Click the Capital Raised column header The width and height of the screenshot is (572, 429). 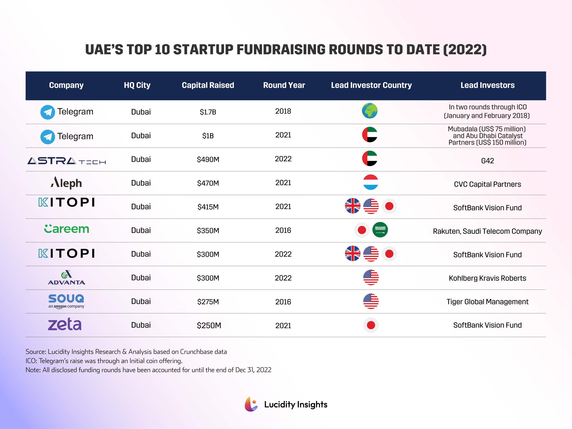[x=208, y=85]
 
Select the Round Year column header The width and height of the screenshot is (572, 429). [x=284, y=85]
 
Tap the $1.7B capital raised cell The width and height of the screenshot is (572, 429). [x=208, y=112]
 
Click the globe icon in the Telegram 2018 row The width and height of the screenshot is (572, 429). [x=370, y=111]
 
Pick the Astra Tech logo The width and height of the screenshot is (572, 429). [x=66, y=161]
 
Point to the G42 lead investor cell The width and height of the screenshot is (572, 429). [x=487, y=161]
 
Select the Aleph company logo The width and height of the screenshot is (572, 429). [x=66, y=183]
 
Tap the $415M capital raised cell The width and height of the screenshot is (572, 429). [x=208, y=207]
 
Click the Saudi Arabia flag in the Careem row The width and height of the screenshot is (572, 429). [x=380, y=230]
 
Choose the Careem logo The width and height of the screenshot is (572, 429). [x=66, y=229]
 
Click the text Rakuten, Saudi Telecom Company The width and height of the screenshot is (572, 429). [x=487, y=231]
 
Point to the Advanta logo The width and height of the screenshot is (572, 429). [x=66, y=278]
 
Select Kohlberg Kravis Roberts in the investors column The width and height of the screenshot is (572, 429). [x=487, y=278]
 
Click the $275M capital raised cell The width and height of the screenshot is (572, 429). [x=208, y=302]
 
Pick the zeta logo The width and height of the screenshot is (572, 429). [x=65, y=324]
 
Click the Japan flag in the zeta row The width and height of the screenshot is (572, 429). [x=371, y=325]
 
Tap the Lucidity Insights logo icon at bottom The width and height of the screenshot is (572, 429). [x=251, y=404]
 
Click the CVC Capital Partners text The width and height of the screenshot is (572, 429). [x=487, y=184]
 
